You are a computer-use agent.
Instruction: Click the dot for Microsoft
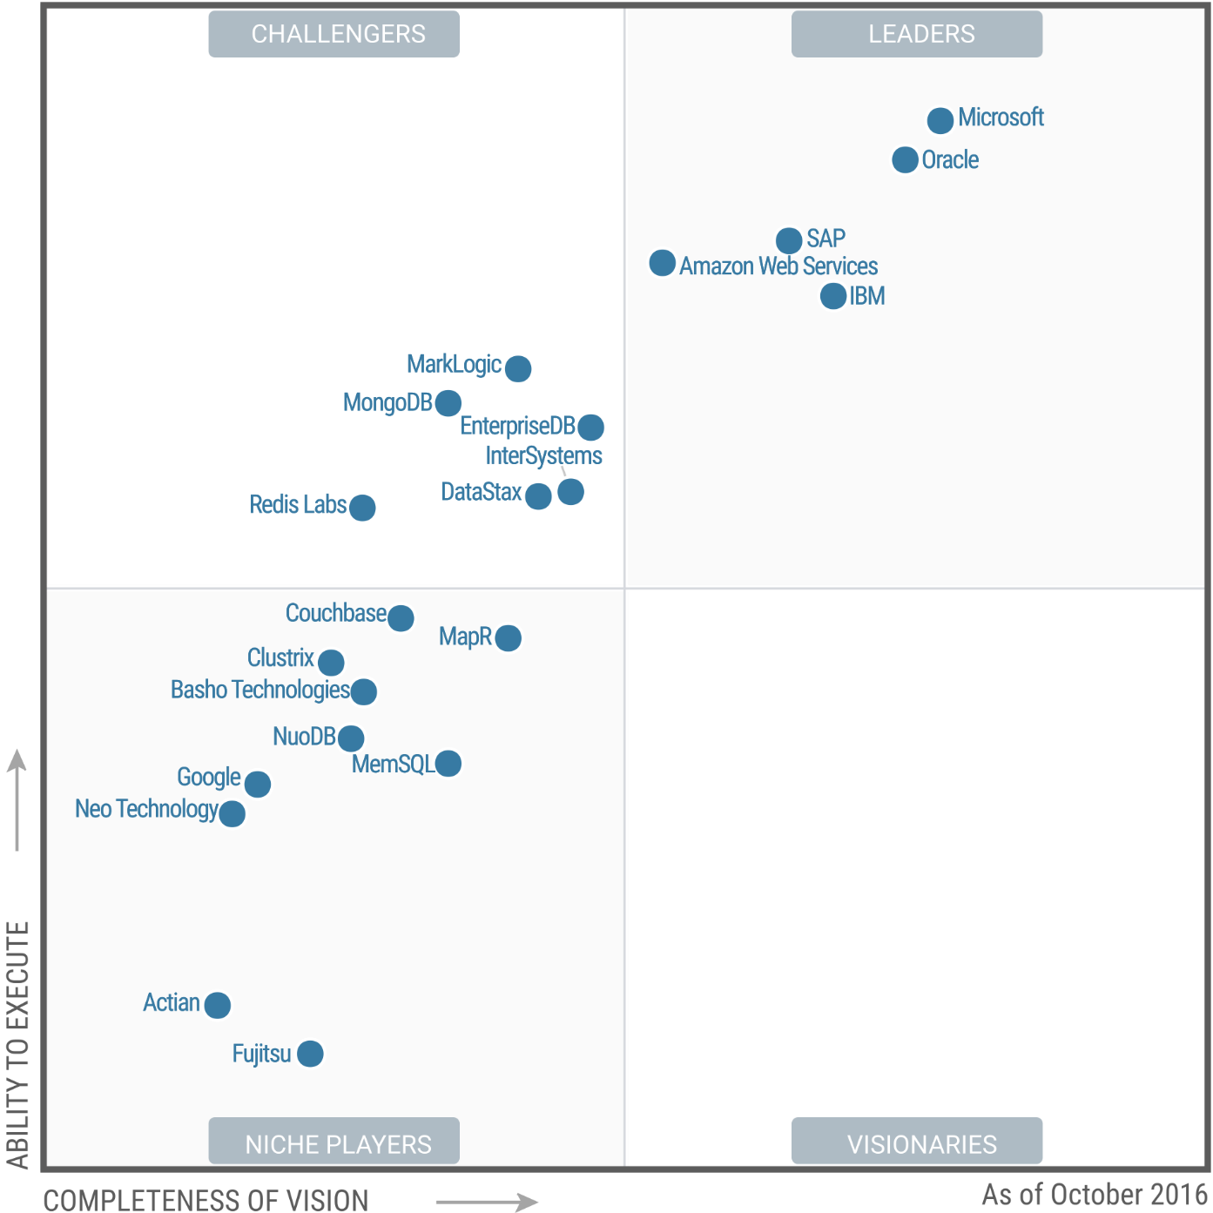tap(940, 120)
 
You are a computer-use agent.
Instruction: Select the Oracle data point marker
tap(905, 160)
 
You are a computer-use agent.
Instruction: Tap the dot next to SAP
tap(789, 240)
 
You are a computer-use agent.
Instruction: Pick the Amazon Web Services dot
tap(663, 263)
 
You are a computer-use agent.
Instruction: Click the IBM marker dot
tap(833, 296)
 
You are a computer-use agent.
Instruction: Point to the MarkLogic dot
tap(518, 368)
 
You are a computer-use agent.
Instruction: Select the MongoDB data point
tap(448, 403)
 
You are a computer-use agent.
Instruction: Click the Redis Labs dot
tap(362, 507)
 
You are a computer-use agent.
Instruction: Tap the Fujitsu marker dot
tap(310, 1054)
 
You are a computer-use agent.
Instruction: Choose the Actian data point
tap(218, 1005)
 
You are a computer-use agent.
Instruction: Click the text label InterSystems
tap(543, 455)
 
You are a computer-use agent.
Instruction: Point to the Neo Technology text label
tap(146, 809)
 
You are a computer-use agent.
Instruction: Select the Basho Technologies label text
tap(259, 690)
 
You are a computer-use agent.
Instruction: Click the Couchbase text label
tap(335, 613)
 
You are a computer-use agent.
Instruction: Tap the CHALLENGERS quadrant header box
tap(334, 34)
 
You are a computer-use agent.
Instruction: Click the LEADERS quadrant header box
tap(917, 34)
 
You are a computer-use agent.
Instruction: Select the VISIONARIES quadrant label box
tap(917, 1141)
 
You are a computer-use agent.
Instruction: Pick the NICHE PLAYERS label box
tap(334, 1141)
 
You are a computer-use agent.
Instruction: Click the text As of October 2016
tap(1094, 1194)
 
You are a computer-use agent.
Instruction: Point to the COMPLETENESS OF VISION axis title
tap(206, 1200)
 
